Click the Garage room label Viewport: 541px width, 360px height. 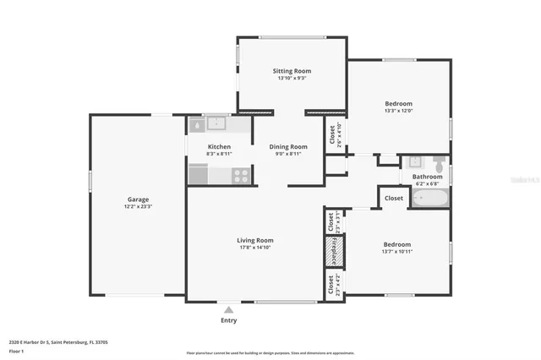point(138,199)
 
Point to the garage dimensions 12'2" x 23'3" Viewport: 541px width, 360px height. point(138,207)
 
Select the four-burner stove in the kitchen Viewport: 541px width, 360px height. point(241,176)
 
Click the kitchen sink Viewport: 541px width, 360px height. point(217,123)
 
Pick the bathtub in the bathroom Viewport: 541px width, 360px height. point(430,199)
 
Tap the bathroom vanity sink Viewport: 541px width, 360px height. point(415,161)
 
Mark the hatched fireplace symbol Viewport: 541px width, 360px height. point(333,251)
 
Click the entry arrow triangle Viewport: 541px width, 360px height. point(228,310)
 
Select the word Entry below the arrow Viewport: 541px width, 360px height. point(228,320)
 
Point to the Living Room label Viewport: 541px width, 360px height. point(254,241)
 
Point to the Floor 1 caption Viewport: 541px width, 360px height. point(17,350)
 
